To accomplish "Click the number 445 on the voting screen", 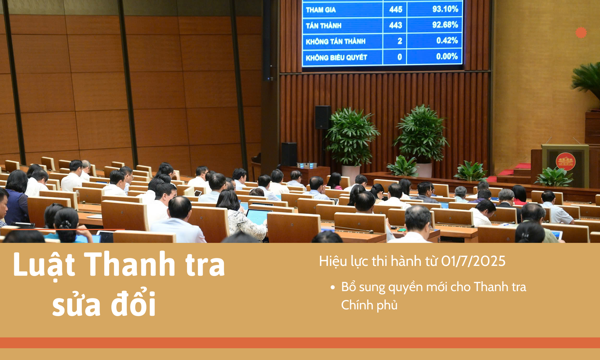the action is [x=396, y=9].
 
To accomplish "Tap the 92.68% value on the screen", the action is [x=445, y=25].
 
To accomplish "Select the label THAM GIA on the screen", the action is [x=321, y=10].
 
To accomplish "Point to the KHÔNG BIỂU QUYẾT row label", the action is [x=336, y=57].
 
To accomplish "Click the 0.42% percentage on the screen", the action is [x=447, y=40].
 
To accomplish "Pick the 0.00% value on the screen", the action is [x=447, y=56].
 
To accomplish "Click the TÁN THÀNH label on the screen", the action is [x=324, y=25].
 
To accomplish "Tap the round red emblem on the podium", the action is [x=566, y=162].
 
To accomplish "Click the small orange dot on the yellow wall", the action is [x=581, y=33].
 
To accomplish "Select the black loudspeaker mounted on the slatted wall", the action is [x=323, y=117].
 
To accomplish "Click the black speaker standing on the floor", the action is [x=289, y=154].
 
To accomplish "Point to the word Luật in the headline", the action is [x=44, y=265].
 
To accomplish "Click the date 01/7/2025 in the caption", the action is [x=473, y=261].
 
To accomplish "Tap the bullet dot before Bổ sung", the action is [x=333, y=288].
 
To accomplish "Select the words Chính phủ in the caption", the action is [x=369, y=305].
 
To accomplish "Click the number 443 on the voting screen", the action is [x=396, y=25].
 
